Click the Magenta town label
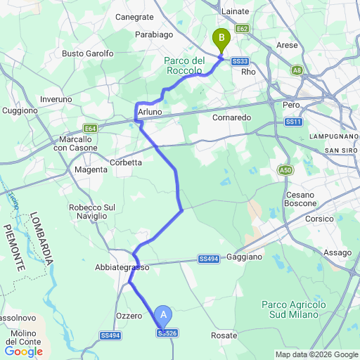click(91, 169)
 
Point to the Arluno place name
click(150, 112)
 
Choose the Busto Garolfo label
click(88, 53)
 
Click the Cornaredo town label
click(232, 117)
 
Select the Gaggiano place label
click(245, 257)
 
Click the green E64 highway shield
click(90, 128)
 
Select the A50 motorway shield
click(285, 170)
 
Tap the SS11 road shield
click(293, 122)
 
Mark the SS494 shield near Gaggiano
click(207, 259)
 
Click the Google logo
click(24, 351)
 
